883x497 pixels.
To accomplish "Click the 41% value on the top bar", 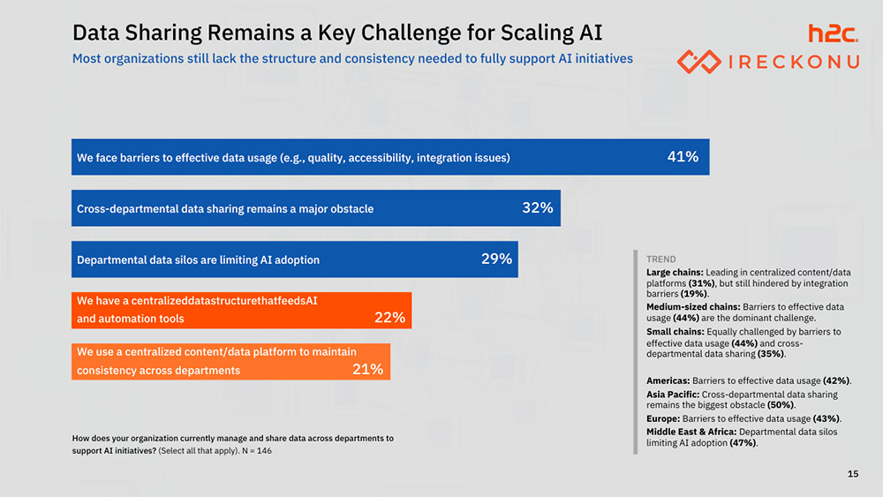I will (683, 157).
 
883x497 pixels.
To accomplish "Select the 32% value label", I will (538, 208).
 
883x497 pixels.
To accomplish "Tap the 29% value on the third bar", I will (496, 260).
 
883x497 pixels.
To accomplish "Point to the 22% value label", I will (389, 318).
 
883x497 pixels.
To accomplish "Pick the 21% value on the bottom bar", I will (367, 370).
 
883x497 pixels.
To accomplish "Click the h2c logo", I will (833, 34).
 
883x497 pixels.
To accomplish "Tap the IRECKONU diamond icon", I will (698, 62).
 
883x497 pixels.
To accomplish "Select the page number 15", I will (852, 475).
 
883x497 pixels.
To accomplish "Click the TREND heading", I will (660, 260).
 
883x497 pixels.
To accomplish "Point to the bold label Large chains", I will (675, 272).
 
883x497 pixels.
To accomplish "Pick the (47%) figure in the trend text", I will (743, 443).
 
